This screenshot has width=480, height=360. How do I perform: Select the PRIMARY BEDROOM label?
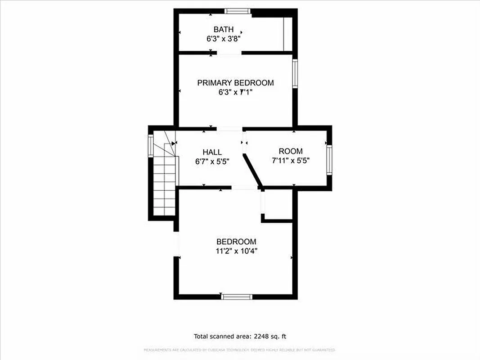tap(235, 83)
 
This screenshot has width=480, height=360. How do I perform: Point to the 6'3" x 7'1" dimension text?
tap(235, 92)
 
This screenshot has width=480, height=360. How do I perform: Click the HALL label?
tap(212, 152)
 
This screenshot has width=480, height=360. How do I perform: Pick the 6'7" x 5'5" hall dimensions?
tap(212, 161)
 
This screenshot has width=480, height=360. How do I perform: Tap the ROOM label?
tap(291, 151)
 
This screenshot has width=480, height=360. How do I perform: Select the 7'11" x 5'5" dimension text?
tap(291, 160)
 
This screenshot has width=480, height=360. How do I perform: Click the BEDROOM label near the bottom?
tap(236, 242)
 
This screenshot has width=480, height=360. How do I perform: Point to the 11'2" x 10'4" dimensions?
tap(236, 251)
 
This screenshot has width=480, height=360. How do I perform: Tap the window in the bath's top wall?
tap(238, 11)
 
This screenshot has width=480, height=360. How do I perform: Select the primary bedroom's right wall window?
tap(295, 73)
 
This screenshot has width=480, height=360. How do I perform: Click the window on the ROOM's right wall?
tap(329, 160)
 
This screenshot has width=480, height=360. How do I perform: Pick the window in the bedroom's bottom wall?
tap(237, 297)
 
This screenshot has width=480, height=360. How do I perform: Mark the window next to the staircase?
tap(151, 146)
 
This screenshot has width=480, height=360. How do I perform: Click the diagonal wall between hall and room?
tap(252, 170)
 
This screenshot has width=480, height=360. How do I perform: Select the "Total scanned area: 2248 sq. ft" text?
tap(239, 336)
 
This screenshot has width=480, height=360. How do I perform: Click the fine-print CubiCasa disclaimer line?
tap(240, 350)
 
